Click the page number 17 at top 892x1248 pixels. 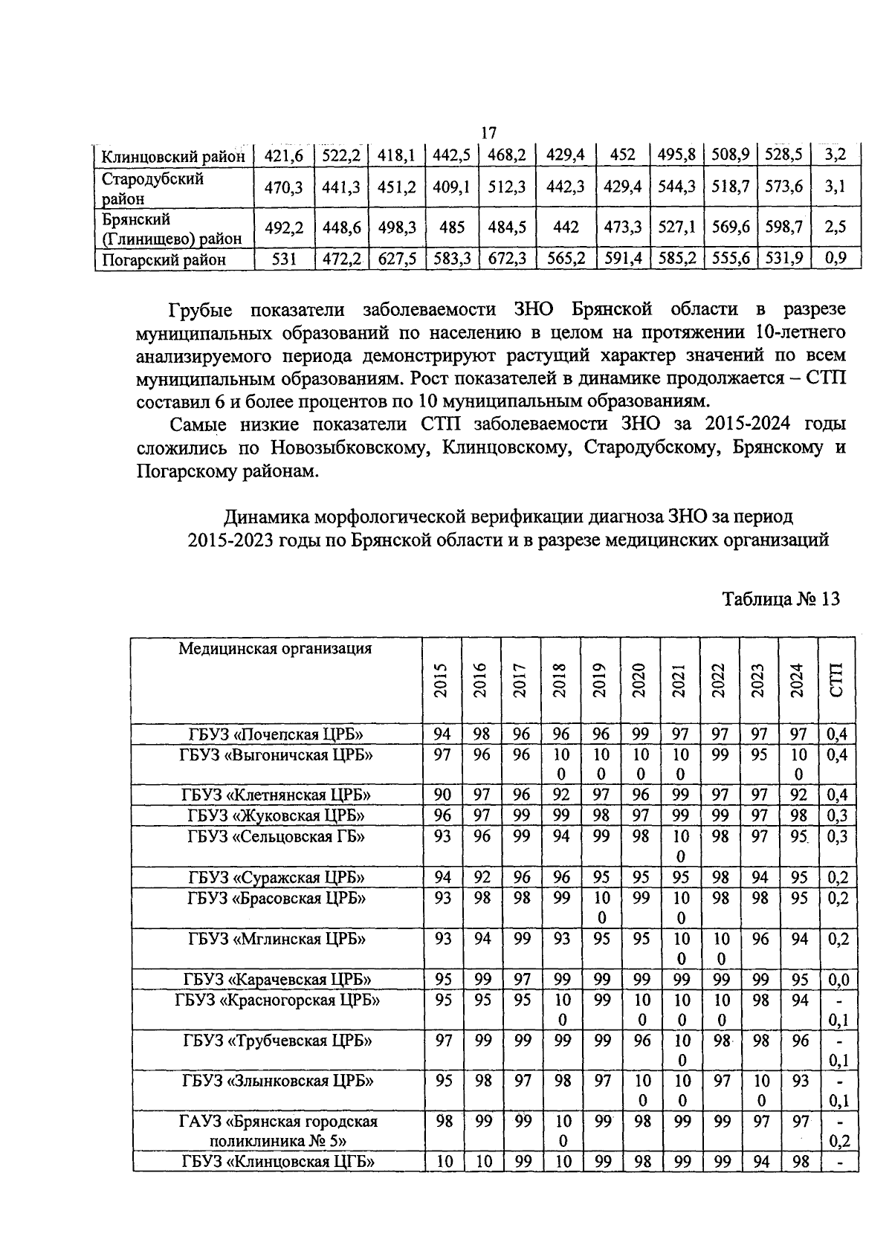[x=488, y=134]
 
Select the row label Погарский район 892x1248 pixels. [x=164, y=259]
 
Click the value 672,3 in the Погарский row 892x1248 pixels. [x=507, y=259]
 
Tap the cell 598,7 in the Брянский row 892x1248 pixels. [x=784, y=227]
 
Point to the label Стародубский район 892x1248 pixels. [x=152, y=188]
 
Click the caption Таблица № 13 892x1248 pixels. [x=781, y=599]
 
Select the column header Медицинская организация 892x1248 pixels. [x=275, y=649]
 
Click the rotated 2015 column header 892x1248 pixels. [x=442, y=679]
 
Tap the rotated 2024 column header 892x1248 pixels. [x=798, y=679]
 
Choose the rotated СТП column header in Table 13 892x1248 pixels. [x=837, y=679]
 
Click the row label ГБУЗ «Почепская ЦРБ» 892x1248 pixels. [x=276, y=735]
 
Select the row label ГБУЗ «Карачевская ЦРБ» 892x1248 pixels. [x=276, y=979]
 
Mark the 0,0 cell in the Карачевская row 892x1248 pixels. [x=838, y=979]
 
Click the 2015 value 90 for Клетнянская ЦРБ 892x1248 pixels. [x=442, y=795]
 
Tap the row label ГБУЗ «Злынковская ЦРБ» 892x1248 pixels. [x=277, y=1081]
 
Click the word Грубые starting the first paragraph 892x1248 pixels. [x=201, y=309]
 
